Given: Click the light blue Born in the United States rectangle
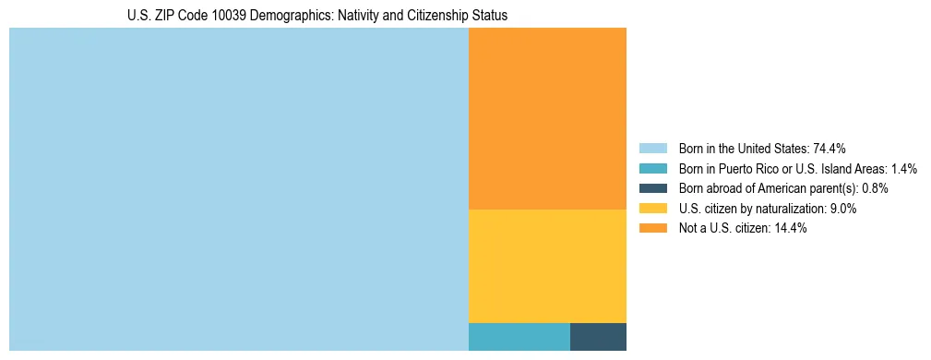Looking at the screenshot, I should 238,189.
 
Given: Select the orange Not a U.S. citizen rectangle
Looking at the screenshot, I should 547,118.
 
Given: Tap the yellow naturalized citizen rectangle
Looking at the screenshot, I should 547,266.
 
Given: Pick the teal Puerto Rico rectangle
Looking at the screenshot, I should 519,337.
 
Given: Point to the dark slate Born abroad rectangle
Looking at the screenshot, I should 598,337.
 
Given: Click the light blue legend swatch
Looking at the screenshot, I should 652,148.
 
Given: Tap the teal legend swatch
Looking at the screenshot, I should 652,168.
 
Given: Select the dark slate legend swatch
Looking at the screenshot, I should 652,188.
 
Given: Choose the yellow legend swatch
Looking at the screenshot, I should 652,209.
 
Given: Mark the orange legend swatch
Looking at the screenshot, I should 652,229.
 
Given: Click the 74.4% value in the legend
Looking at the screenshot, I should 830,148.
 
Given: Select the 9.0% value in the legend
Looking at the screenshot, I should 842,209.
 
